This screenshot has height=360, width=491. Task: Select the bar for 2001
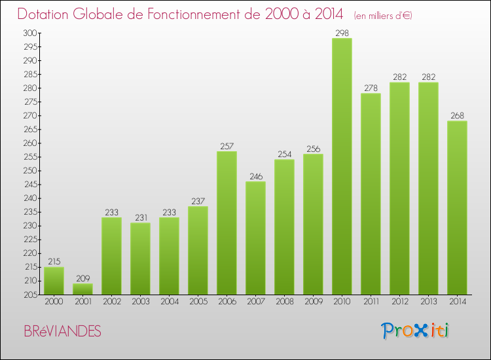pyautogui.click(x=82, y=289)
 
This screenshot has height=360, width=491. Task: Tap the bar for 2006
pyautogui.click(x=227, y=223)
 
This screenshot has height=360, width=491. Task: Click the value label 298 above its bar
pyautogui.click(x=342, y=33)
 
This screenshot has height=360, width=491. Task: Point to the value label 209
pyautogui.click(x=82, y=278)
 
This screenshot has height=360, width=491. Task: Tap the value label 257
pyautogui.click(x=227, y=146)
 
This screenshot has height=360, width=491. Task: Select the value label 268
pyautogui.click(x=457, y=116)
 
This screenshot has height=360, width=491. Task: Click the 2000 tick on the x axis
pyautogui.click(x=54, y=302)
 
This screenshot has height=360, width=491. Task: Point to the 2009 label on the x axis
pyautogui.click(x=313, y=302)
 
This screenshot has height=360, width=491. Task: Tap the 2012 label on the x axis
pyautogui.click(x=399, y=302)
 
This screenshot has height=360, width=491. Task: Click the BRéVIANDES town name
pyautogui.click(x=62, y=332)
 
